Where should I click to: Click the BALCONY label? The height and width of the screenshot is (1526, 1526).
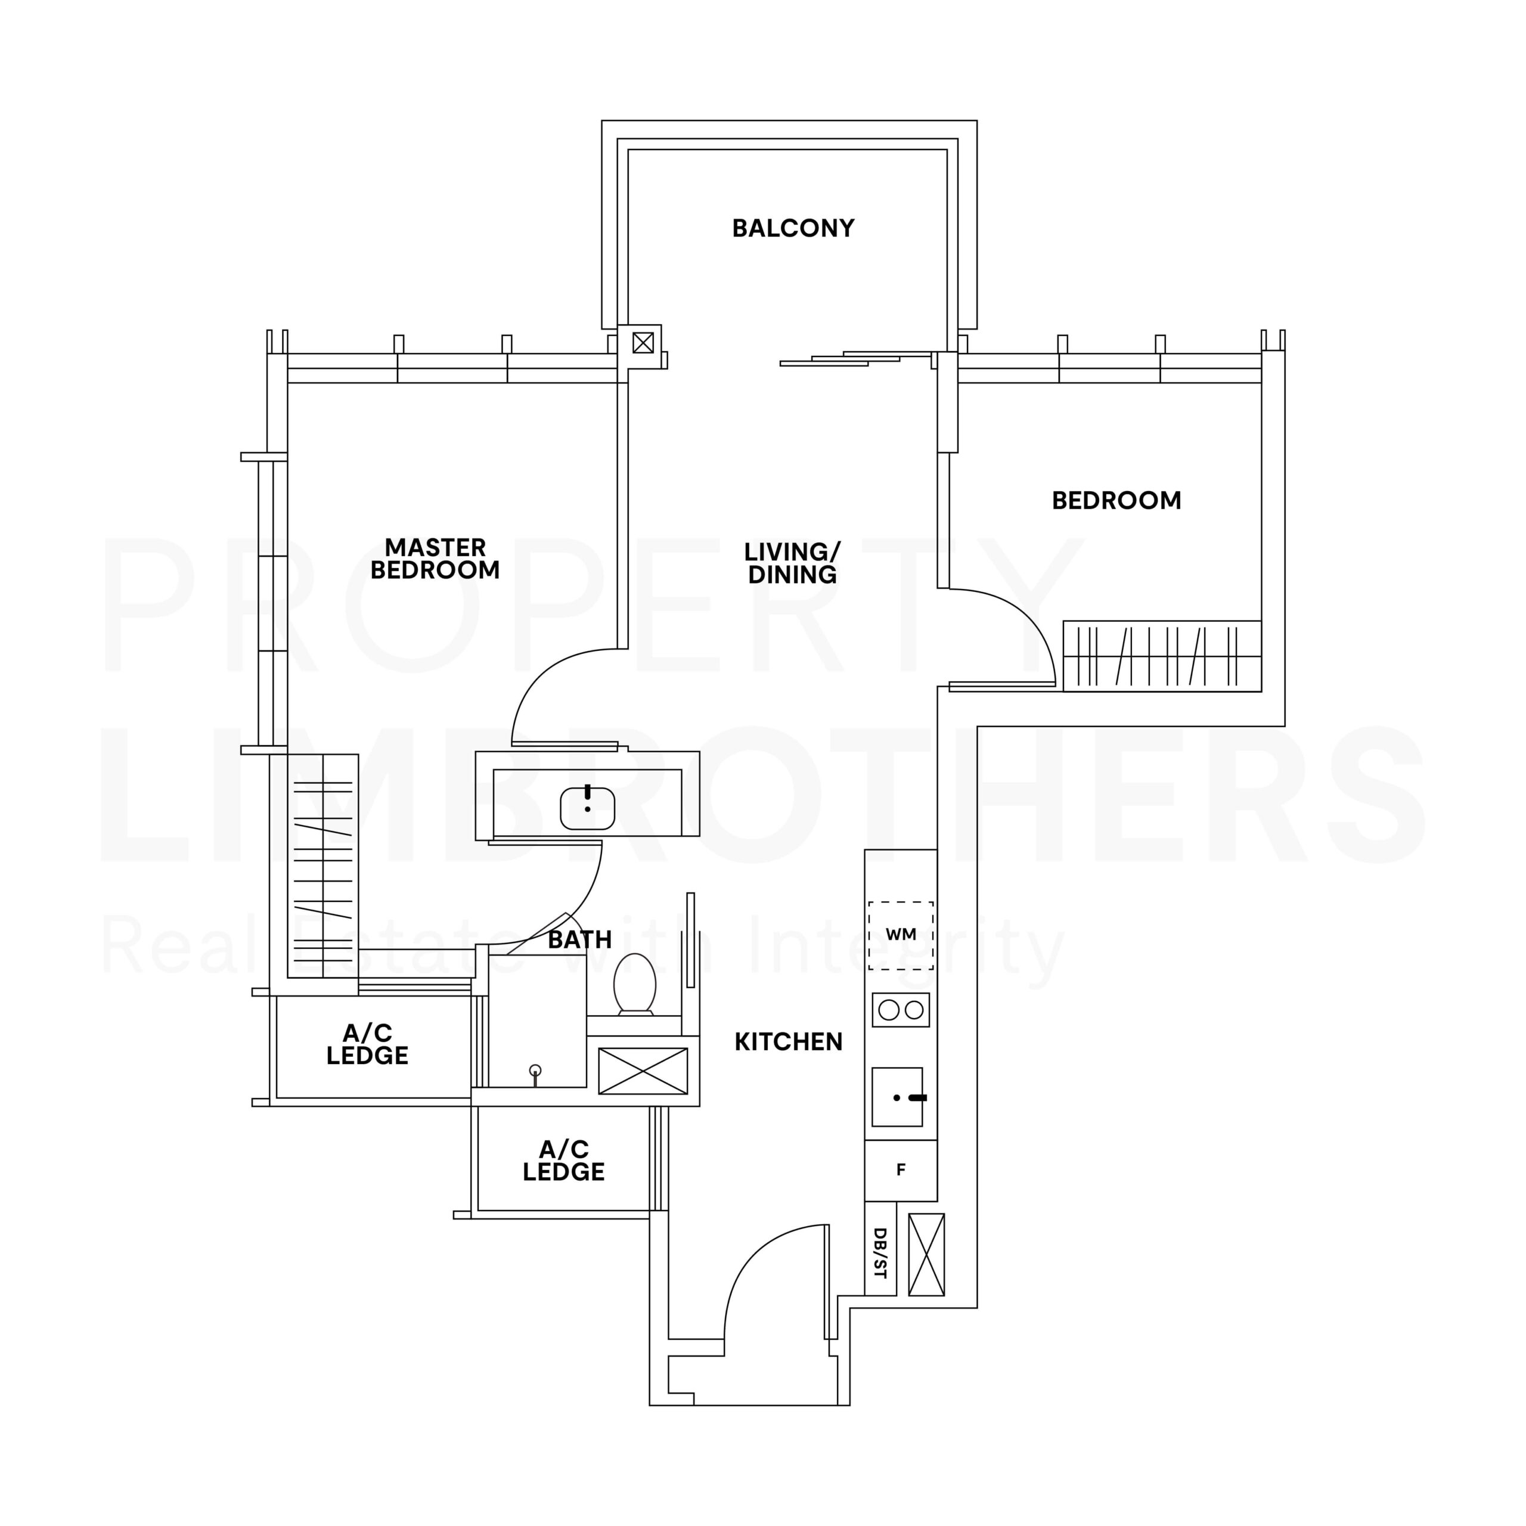[793, 228]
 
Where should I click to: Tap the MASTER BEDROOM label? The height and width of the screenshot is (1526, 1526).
[435, 559]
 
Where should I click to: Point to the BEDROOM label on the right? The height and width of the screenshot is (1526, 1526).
[1116, 500]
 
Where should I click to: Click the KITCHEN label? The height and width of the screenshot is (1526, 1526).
[788, 1042]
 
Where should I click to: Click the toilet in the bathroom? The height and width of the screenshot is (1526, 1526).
[635, 984]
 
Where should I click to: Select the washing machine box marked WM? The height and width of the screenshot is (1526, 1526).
[901, 935]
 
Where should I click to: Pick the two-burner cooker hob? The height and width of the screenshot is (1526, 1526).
[901, 1009]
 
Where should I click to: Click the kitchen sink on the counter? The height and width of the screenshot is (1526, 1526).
[897, 1097]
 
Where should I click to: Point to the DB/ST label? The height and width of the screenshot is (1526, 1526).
[880, 1254]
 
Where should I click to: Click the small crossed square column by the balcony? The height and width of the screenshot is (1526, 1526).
[643, 343]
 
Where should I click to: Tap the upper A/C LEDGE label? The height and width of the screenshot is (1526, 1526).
[367, 1044]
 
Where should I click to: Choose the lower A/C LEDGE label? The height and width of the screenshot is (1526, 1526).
[563, 1161]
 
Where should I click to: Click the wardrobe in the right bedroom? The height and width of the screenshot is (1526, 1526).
[1162, 656]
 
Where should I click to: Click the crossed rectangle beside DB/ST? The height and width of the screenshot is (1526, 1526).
[926, 1254]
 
